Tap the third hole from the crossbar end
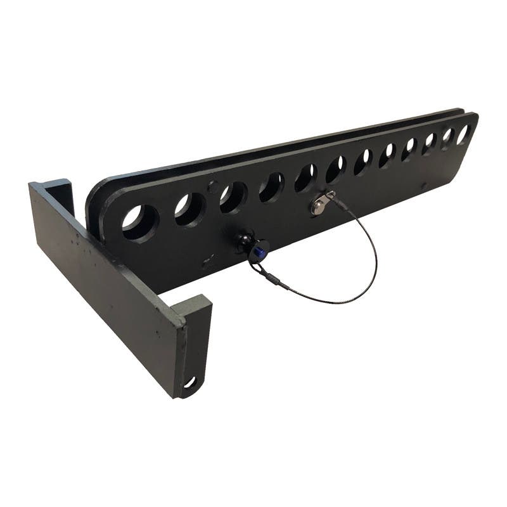click(233, 197)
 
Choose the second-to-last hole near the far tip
click(447, 138)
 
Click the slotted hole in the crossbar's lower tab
click(189, 382)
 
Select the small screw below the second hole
click(207, 259)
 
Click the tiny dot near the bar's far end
click(424, 188)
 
